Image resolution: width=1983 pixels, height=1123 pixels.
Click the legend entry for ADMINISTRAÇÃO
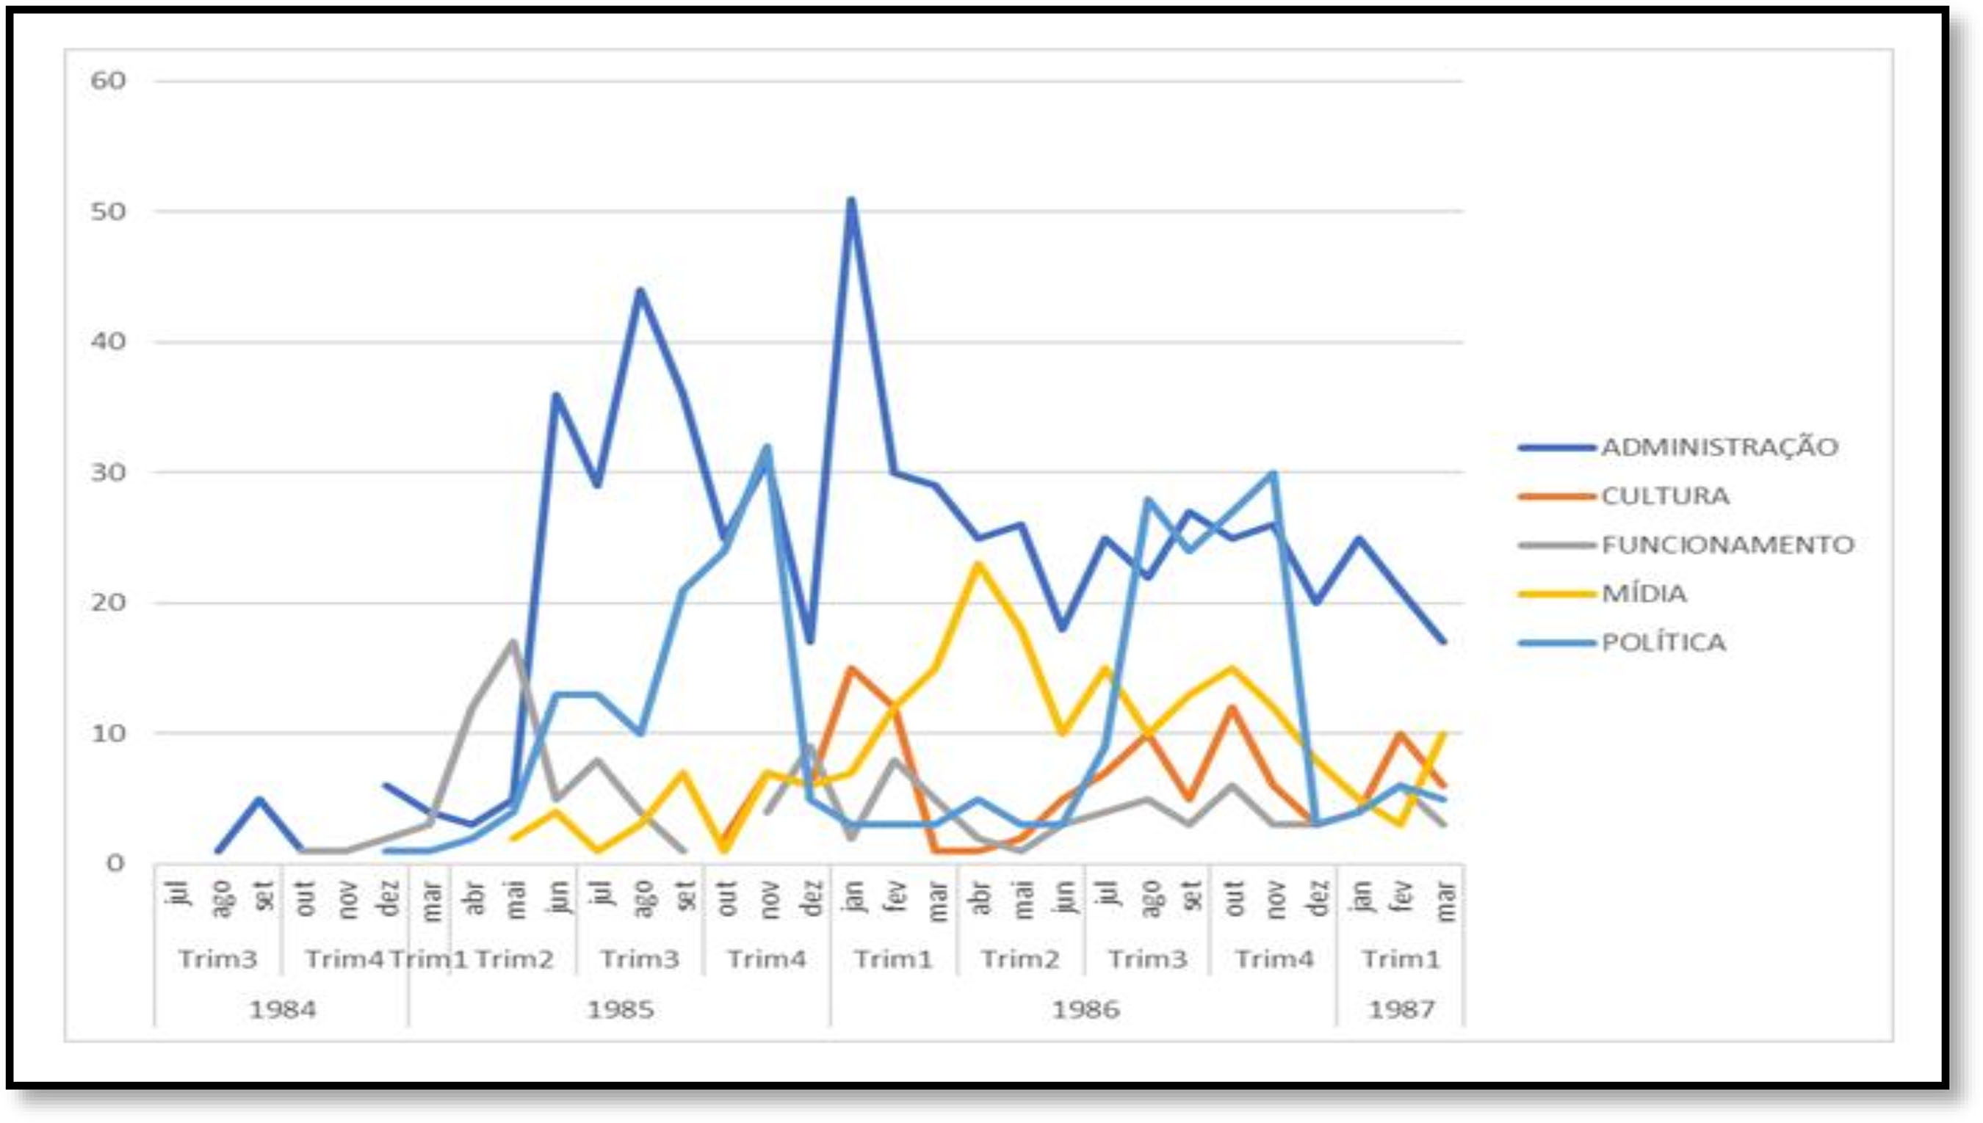(x=1719, y=447)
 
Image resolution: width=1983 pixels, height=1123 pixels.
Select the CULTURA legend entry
(x=1665, y=496)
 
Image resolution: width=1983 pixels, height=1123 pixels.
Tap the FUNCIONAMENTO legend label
(x=1727, y=545)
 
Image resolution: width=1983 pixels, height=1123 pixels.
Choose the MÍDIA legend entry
(x=1644, y=594)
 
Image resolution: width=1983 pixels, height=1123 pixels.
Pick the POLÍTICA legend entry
(x=1663, y=642)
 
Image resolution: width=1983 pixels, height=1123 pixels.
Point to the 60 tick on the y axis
(x=108, y=80)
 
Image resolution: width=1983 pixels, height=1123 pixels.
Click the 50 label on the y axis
(x=108, y=211)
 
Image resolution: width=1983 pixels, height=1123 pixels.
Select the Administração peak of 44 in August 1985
(x=640, y=290)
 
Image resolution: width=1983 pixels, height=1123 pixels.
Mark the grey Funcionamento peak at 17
(x=513, y=642)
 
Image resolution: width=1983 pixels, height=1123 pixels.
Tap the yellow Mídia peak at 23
(x=978, y=564)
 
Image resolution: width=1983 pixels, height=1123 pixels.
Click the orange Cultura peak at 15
(x=851, y=668)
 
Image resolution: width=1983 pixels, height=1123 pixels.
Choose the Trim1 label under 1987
(x=1401, y=959)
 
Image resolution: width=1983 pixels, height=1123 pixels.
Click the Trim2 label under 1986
(x=1020, y=959)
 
